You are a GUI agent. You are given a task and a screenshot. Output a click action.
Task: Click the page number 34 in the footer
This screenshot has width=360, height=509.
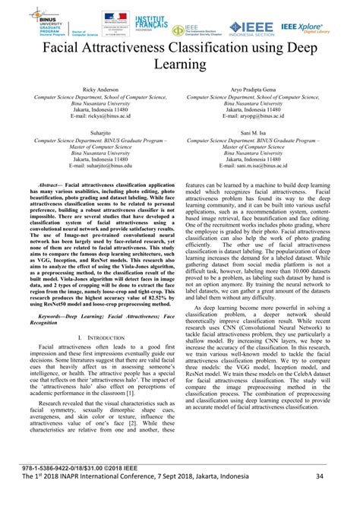[340, 497]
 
